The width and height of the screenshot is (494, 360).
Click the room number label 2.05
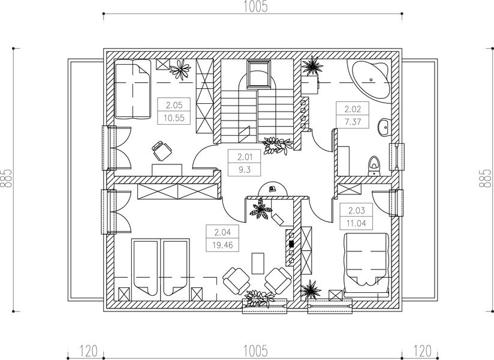pyautogui.click(x=174, y=104)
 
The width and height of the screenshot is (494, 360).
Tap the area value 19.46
pyautogui.click(x=222, y=245)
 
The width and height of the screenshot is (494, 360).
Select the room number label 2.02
pyautogui.click(x=353, y=109)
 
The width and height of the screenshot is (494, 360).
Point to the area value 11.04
pyautogui.click(x=356, y=223)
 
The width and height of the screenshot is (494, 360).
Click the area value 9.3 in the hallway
pyautogui.click(x=245, y=170)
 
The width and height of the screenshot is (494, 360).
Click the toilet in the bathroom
pyautogui.click(x=374, y=166)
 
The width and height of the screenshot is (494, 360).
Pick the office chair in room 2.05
pyautogui.click(x=162, y=151)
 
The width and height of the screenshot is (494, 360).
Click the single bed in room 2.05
pyautogui.click(x=132, y=89)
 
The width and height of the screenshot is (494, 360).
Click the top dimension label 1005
pyautogui.click(x=255, y=7)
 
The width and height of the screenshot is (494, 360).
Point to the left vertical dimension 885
pyautogui.click(x=6, y=178)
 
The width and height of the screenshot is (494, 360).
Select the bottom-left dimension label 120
pyautogui.click(x=88, y=351)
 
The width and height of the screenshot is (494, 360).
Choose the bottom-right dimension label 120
pyautogui.click(x=422, y=351)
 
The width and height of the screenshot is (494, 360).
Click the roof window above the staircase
pyautogui.click(x=258, y=74)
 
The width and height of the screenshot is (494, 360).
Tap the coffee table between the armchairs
pyautogui.click(x=258, y=263)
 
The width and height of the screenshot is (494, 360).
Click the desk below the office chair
pyautogui.click(x=167, y=170)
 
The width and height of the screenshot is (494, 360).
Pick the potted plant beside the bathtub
pyautogui.click(x=312, y=65)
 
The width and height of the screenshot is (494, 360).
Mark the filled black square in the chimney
pyautogui.click(x=291, y=244)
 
